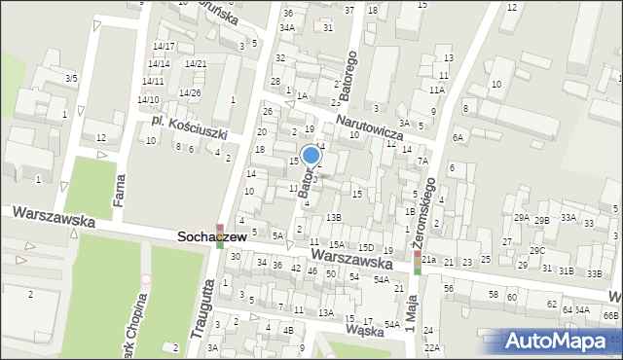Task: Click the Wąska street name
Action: [365, 330]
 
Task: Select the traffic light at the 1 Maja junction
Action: [418, 263]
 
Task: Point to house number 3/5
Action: [71, 78]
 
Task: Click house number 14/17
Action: [163, 47]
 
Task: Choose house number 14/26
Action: [189, 93]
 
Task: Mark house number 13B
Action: [334, 217]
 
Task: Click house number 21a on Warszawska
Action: [428, 261]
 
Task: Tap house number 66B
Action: [610, 316]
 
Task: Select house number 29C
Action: [537, 251]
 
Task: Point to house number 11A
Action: [437, 90]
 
